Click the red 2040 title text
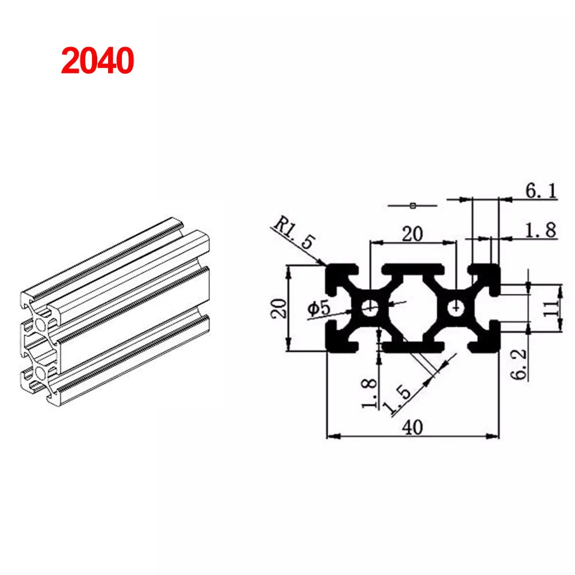[x=97, y=60]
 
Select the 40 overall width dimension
[x=413, y=427]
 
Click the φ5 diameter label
[x=319, y=309]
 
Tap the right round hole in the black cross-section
[x=457, y=308]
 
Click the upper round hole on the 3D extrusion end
[x=42, y=325]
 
